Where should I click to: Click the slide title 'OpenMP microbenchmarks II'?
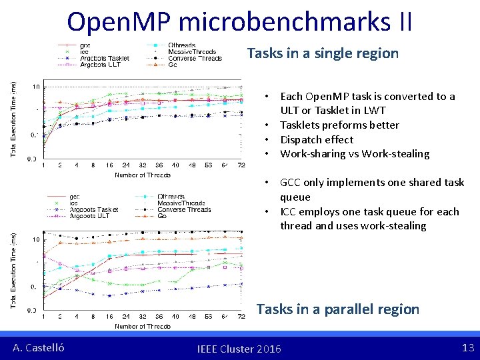click(239, 21)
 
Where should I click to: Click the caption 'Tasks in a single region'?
click(323, 53)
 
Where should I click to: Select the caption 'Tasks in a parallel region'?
click(338, 309)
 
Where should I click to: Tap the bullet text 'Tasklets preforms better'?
click(339, 125)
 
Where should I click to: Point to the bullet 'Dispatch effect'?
click(317, 139)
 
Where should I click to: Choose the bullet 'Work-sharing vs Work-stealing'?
click(355, 154)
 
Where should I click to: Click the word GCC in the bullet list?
click(291, 183)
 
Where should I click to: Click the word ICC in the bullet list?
click(289, 212)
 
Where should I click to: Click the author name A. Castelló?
click(39, 347)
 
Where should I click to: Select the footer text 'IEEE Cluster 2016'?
click(239, 349)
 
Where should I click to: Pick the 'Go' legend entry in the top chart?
click(173, 65)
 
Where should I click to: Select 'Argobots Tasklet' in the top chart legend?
click(105, 59)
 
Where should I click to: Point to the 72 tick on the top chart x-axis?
click(241, 165)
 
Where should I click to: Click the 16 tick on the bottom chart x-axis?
click(109, 317)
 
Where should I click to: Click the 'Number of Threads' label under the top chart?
click(142, 175)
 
